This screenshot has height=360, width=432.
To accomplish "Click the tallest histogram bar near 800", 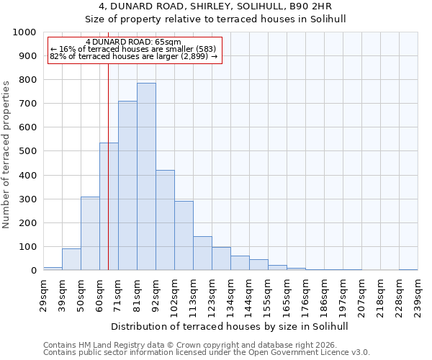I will [x=146, y=176].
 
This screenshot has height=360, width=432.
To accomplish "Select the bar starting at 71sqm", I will [x=127, y=186].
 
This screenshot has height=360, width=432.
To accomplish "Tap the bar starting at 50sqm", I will [x=90, y=233].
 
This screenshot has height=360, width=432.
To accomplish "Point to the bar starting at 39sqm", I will [x=71, y=259].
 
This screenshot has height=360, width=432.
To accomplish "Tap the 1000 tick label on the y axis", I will [x=24, y=32].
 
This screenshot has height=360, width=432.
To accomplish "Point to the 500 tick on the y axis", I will [x=27, y=152].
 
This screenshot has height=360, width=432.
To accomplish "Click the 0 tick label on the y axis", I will [x=34, y=271].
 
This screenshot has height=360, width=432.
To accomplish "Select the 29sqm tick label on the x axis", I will [x=43, y=294].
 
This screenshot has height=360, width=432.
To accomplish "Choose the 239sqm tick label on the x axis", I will [x=418, y=294].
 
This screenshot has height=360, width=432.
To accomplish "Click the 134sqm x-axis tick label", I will [x=230, y=294].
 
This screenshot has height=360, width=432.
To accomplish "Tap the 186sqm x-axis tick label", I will [x=324, y=294].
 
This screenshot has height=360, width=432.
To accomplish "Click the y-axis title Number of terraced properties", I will [x=6, y=154].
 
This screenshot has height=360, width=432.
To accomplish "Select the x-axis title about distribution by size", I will [x=230, y=326].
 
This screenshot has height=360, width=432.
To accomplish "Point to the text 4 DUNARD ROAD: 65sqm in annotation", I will [x=133, y=42].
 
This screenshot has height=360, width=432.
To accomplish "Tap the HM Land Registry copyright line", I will [x=205, y=345].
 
